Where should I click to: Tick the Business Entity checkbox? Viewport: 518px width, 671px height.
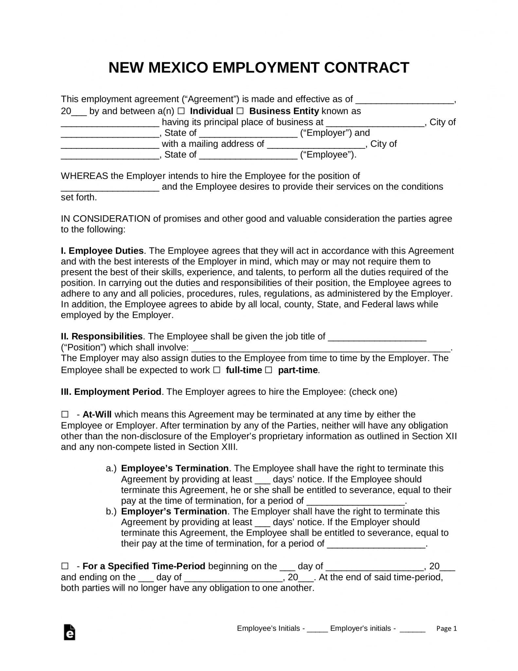click(240, 111)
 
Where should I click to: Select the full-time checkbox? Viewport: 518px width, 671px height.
click(217, 370)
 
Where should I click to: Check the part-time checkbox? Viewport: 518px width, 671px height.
click(268, 370)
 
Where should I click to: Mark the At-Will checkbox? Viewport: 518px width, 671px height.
click(65, 415)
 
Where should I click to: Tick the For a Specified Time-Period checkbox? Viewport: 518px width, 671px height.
click(65, 566)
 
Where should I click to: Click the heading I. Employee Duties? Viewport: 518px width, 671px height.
click(102, 251)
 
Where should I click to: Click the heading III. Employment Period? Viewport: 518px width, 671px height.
click(111, 392)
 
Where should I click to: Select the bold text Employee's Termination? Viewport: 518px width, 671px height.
click(175, 468)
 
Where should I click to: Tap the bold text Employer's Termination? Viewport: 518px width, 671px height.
click(174, 511)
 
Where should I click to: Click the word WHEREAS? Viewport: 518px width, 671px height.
click(84, 176)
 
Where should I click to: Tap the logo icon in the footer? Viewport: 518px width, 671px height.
click(69, 632)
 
